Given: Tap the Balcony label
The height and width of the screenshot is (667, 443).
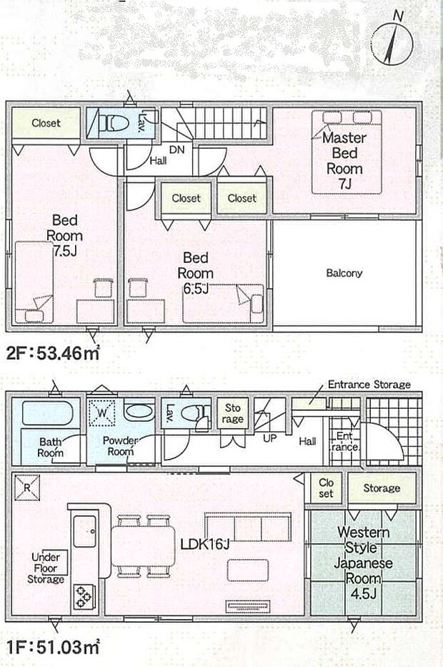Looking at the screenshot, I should (x=344, y=273).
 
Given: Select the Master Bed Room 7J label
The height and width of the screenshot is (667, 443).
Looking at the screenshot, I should (x=344, y=161).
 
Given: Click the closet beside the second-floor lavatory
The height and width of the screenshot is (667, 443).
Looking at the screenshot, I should (x=46, y=123).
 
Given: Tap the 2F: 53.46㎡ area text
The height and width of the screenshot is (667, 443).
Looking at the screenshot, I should (x=54, y=352).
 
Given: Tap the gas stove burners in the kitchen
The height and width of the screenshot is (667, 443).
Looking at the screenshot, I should (x=84, y=595).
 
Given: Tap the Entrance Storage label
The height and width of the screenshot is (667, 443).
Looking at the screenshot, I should (x=369, y=385).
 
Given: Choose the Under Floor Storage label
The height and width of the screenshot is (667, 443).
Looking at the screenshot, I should (x=47, y=568).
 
